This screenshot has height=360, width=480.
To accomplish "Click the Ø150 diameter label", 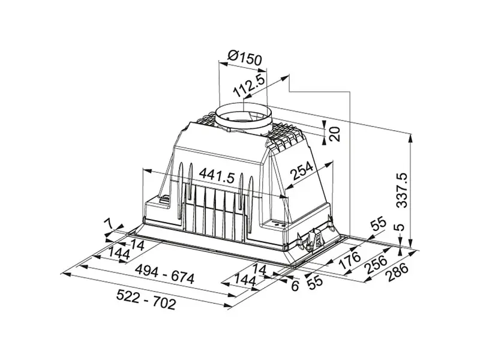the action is pyautogui.click(x=245, y=58).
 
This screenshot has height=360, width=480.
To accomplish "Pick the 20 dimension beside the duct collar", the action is pyautogui.click(x=335, y=133).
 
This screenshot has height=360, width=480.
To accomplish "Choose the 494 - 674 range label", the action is pyautogui.click(x=164, y=274).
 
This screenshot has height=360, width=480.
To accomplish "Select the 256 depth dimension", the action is pyautogui.click(x=377, y=264).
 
